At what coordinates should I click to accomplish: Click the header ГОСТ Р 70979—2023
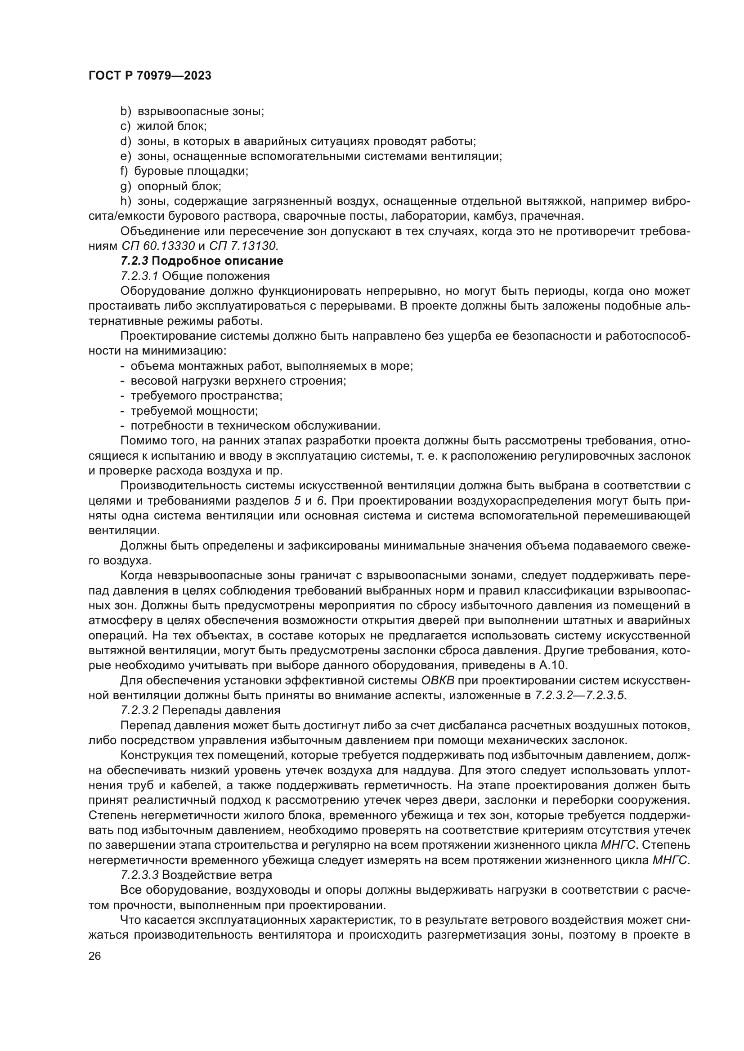150,76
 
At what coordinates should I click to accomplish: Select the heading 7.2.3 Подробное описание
202,261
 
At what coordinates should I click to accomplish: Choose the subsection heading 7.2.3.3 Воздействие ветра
196,875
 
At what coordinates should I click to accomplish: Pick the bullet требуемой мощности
194,411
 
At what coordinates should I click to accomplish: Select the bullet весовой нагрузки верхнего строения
238,381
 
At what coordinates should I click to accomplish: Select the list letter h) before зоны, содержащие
125,201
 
